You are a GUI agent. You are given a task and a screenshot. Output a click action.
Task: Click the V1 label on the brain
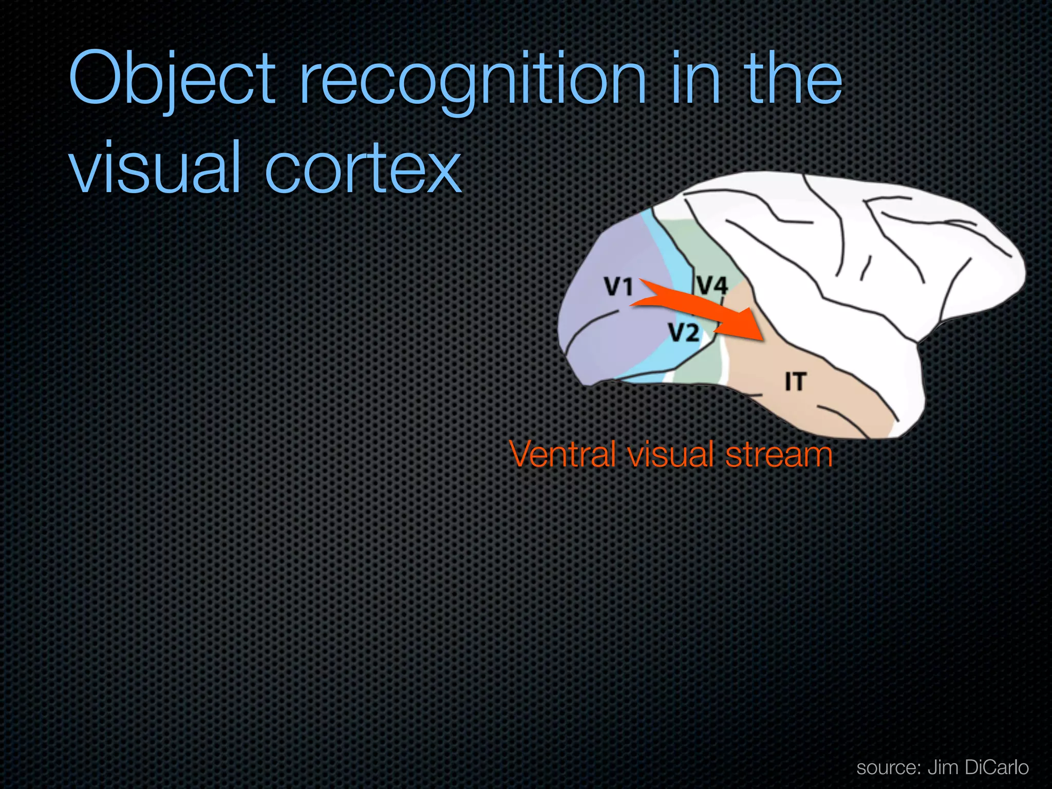pos(618,287)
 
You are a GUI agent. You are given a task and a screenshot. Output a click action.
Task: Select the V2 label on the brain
pos(684,333)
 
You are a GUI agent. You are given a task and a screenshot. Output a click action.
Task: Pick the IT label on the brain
pos(795,382)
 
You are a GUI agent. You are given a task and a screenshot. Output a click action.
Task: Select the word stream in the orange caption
pos(779,455)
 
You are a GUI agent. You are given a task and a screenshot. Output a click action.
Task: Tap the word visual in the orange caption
pos(670,455)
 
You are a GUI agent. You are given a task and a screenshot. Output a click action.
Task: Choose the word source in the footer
pos(888,767)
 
